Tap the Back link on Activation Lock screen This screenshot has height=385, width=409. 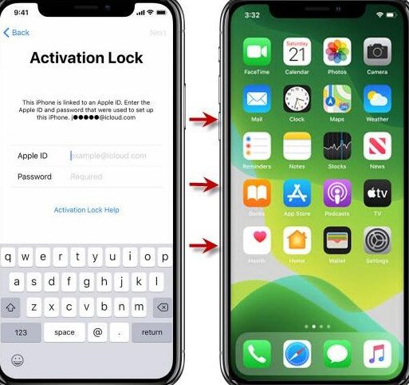click(x=17, y=33)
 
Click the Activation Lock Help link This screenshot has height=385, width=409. click(x=86, y=210)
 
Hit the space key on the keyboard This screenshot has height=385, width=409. click(x=65, y=332)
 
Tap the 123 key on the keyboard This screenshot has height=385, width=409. click(x=22, y=332)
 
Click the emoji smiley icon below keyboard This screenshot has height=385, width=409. click(x=17, y=360)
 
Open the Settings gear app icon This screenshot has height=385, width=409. click(x=377, y=240)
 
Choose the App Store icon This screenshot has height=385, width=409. click(x=297, y=193)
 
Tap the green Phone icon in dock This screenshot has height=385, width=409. click(x=257, y=353)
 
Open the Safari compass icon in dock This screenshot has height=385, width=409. click(x=297, y=353)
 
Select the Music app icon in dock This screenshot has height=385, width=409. click(x=377, y=353)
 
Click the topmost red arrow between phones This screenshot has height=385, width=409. click(x=205, y=121)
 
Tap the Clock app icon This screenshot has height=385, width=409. click(x=297, y=99)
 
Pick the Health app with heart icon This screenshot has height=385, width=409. click(x=257, y=240)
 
